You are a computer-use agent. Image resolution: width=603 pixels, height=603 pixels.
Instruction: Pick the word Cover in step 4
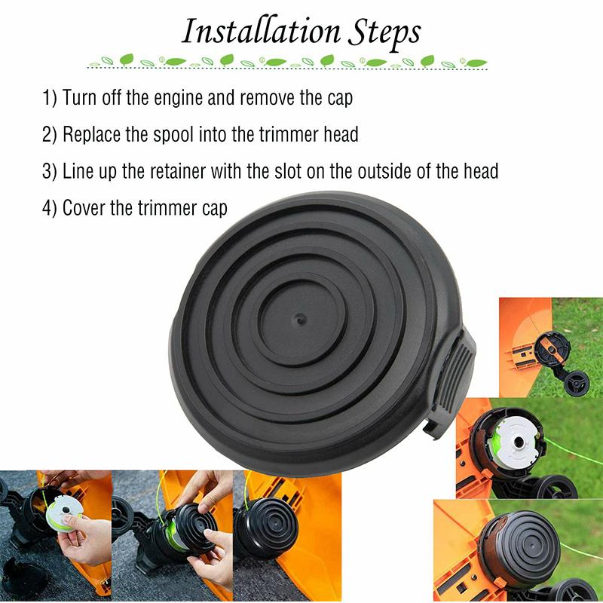click(x=84, y=208)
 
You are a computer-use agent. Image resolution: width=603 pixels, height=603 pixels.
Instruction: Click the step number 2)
click(x=49, y=135)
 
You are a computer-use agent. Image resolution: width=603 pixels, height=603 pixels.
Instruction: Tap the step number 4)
click(x=49, y=208)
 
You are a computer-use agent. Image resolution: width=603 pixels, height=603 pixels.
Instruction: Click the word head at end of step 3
click(x=480, y=171)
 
